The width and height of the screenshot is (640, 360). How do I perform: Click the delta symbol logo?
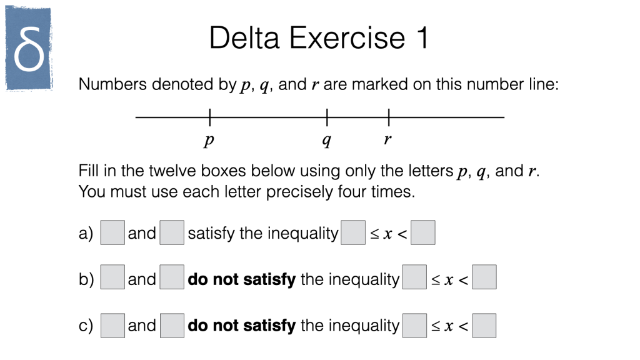click(28, 47)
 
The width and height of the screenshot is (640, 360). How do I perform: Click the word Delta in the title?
click(244, 38)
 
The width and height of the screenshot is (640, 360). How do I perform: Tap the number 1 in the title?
click(422, 38)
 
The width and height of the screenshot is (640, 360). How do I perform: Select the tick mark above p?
click(210, 117)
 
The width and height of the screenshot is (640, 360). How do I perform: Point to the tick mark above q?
click(327, 117)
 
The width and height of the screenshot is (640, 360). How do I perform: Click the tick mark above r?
click(389, 117)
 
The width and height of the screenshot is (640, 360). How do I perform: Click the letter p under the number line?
click(209, 140)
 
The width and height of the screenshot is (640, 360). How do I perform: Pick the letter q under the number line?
click(326, 140)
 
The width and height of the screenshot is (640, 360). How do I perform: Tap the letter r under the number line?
click(387, 139)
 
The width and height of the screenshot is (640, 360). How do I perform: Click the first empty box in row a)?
click(112, 232)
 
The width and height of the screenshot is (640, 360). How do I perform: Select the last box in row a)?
click(423, 232)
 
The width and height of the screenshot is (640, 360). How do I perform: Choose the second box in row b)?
click(172, 277)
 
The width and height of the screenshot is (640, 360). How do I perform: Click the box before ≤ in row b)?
click(414, 277)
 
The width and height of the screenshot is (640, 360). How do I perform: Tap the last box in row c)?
click(484, 326)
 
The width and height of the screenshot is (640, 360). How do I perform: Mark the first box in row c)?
click(112, 326)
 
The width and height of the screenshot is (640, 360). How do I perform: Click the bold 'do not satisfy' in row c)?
click(242, 325)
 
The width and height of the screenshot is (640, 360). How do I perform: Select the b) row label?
click(86, 279)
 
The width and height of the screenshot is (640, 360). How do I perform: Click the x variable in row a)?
click(387, 234)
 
